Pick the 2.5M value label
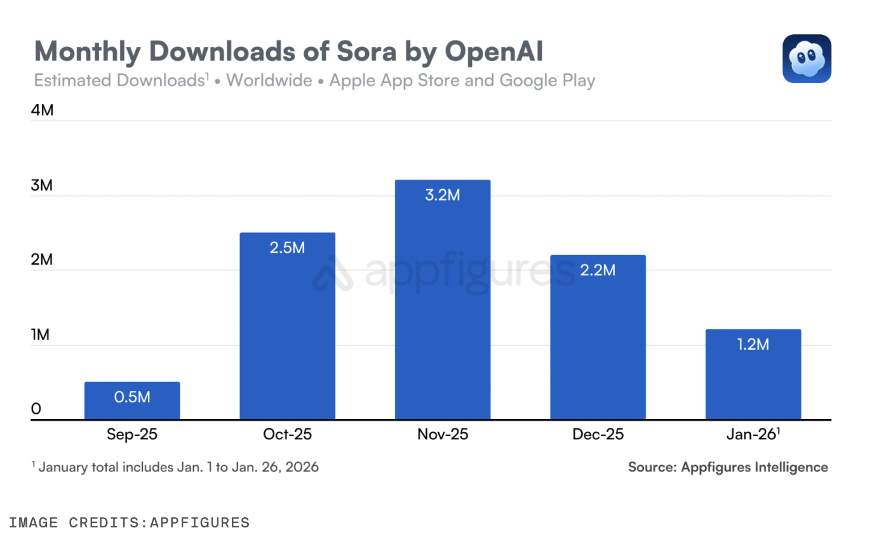coord(287,248)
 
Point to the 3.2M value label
coord(443,195)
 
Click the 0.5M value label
coord(132,397)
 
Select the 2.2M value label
coord(598,270)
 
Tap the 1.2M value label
coord(753,345)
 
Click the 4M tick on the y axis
coord(43,110)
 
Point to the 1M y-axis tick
coord(41,334)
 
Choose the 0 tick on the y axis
coord(36,409)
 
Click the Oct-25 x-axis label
coord(287,434)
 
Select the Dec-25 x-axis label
coord(598,434)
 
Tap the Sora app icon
coord(807,58)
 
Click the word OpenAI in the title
coord(493,51)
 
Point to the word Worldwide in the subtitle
coord(269,81)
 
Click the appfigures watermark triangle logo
coord(332,274)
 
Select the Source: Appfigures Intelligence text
coord(728,467)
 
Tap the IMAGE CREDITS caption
coord(129,522)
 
